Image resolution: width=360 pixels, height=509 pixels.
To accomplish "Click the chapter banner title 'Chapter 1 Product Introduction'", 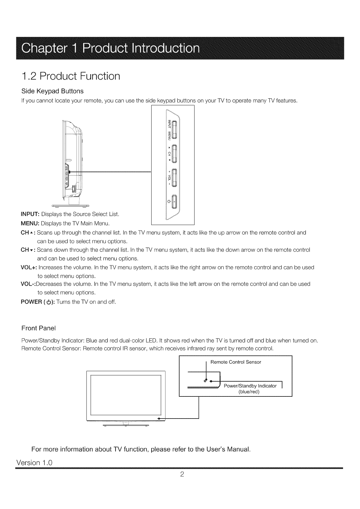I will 110,49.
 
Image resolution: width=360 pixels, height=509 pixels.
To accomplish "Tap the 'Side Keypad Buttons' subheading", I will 52,91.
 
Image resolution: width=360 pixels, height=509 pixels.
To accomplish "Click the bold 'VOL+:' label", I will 28,268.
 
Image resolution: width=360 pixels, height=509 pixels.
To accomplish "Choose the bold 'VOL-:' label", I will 28,284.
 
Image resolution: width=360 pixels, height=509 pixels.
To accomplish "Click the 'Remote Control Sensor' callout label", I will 236,362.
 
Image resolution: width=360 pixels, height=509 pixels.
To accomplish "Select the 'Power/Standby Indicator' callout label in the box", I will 250,386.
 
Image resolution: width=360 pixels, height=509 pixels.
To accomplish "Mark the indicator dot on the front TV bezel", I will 159,418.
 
